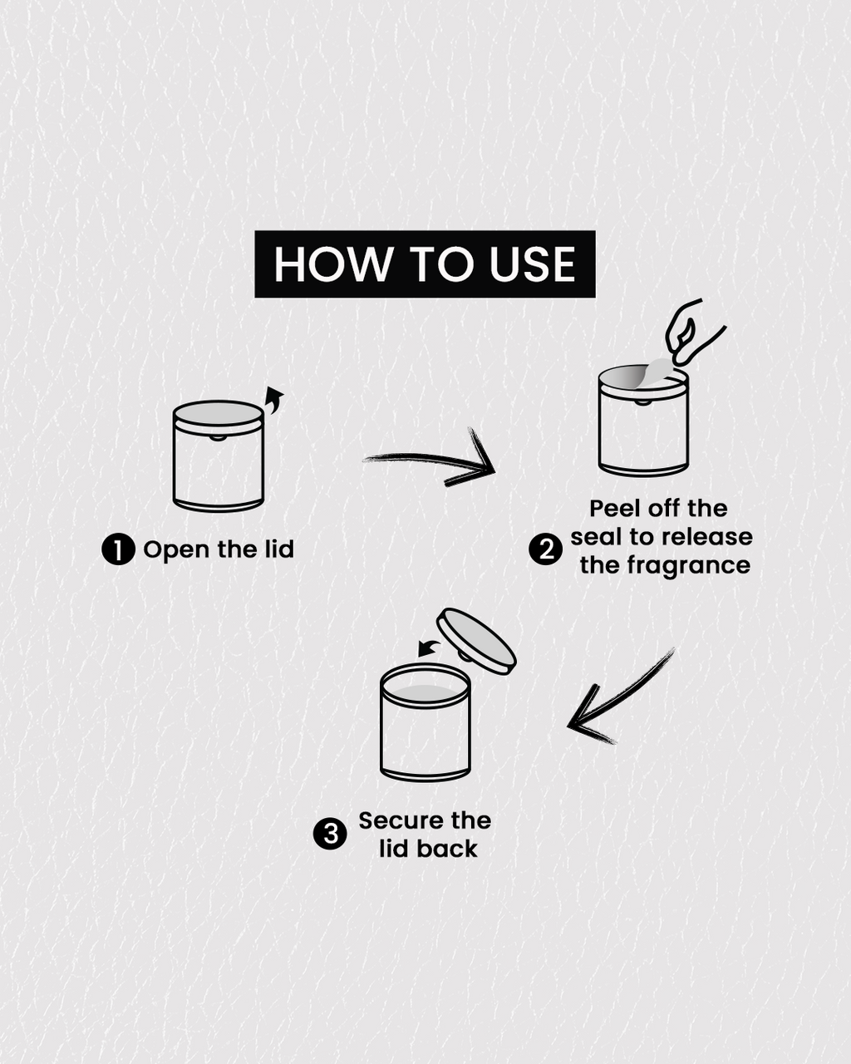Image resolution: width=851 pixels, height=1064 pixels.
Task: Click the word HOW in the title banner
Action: tap(333, 264)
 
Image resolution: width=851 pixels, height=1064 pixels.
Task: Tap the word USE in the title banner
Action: tap(533, 264)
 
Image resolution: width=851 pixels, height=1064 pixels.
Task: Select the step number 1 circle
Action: tap(118, 549)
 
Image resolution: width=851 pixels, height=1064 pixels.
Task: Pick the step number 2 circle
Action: tap(545, 549)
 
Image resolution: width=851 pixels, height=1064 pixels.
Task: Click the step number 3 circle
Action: tap(330, 834)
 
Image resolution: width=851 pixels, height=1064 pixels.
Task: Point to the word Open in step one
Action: tap(175, 550)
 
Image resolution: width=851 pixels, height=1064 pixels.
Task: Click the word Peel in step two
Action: tap(616, 508)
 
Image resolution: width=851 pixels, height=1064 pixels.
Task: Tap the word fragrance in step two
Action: tap(688, 565)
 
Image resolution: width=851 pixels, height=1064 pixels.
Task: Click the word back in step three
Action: tap(446, 849)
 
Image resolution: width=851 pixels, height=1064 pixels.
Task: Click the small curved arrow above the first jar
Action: tap(274, 401)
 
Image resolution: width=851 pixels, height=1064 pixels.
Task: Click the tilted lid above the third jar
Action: tap(476, 640)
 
